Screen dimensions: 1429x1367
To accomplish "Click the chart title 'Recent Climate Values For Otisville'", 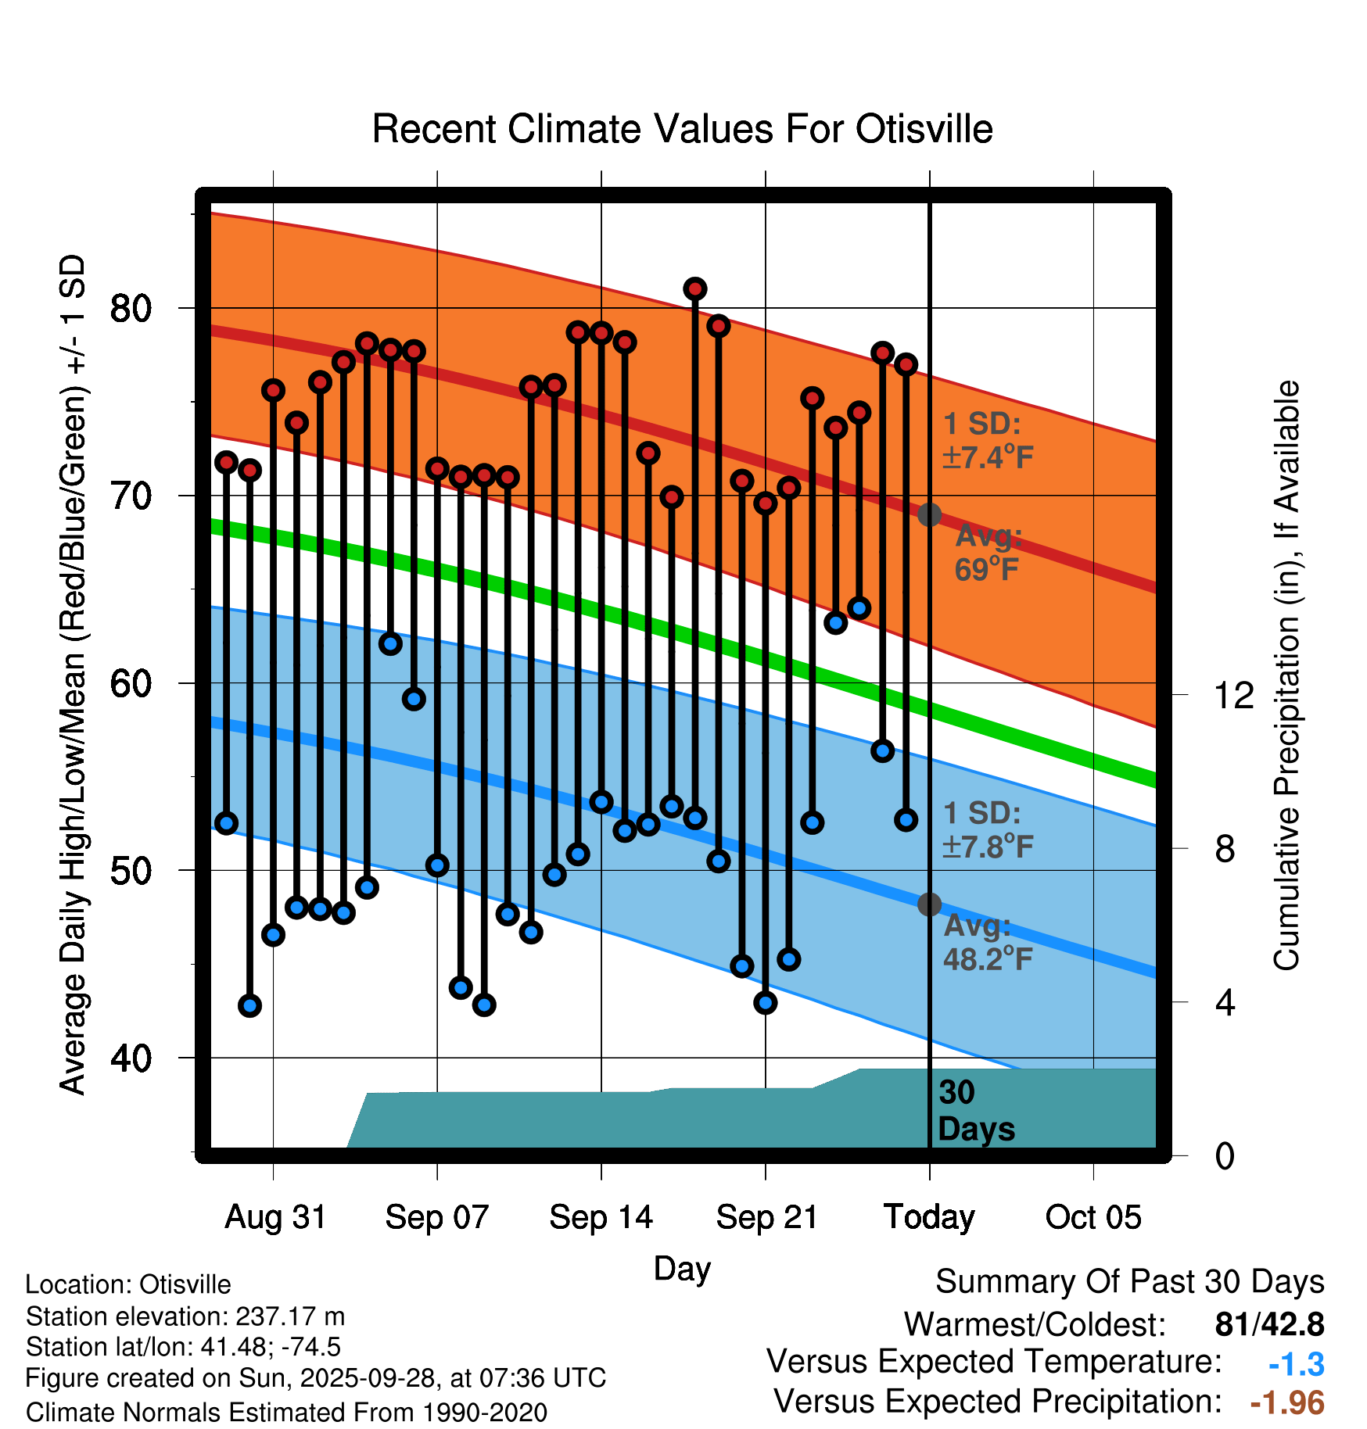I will tap(682, 129).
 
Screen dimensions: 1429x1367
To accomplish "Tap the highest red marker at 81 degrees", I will tap(695, 289).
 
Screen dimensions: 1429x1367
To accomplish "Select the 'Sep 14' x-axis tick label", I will tap(601, 1217).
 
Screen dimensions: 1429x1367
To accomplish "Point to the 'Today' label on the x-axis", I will tap(929, 1217).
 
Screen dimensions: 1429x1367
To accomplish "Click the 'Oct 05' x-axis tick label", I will tap(1093, 1217).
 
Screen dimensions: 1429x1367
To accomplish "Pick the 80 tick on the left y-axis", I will tap(131, 309).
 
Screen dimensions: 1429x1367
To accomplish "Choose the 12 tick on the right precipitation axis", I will tap(1234, 695).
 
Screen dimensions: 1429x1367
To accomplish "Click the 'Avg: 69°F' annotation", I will tap(988, 553).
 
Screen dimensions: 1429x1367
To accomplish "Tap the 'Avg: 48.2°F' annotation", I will tap(988, 942).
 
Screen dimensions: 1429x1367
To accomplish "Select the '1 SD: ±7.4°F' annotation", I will tap(988, 440).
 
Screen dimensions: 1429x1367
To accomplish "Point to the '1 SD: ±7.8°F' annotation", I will tap(988, 829).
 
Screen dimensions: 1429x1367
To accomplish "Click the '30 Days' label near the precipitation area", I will tap(975, 1111).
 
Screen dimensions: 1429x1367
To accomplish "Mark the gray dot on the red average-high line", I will tap(929, 514).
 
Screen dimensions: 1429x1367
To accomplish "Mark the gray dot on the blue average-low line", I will tap(929, 904).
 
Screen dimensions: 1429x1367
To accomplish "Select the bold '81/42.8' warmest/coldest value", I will tap(1269, 1324).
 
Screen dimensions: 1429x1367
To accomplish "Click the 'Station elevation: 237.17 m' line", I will tap(185, 1316).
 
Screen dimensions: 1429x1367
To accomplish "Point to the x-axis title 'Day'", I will tap(682, 1268).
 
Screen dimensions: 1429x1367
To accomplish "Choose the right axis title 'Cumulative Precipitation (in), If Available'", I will tap(1286, 675).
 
